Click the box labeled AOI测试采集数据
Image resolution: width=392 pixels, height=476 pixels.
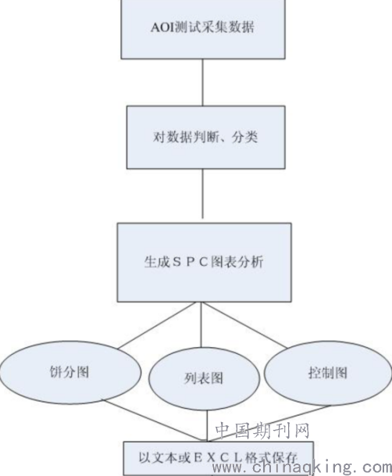tap(203, 29)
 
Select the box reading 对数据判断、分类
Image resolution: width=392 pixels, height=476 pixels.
tap(206, 138)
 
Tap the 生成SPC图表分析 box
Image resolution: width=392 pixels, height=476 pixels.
tap(205, 263)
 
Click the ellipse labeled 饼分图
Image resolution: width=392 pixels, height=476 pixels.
tap(70, 372)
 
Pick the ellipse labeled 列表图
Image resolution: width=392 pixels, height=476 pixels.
tap(204, 378)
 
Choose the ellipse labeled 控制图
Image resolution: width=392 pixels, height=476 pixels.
tap(328, 373)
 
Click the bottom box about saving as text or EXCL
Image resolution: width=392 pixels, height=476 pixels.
tap(219, 458)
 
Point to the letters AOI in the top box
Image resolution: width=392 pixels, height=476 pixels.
tap(163, 27)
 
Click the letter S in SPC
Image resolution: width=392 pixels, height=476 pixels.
tap(176, 262)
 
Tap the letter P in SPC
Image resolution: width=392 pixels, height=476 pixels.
tap(191, 262)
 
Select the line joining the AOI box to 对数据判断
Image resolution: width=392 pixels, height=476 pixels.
tap(203, 82)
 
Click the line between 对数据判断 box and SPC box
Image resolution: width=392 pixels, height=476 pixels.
tap(203, 194)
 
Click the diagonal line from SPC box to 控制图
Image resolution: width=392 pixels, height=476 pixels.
tap(245, 325)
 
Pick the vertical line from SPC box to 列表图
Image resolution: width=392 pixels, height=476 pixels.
tap(201, 325)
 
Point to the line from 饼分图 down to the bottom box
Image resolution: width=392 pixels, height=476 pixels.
tap(153, 421)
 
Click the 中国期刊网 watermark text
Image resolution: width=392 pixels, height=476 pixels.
tap(262, 431)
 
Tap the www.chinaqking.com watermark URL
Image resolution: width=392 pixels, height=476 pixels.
tap(302, 467)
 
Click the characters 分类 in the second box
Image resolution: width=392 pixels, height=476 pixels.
tap(245, 138)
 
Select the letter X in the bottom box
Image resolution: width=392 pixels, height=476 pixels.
tap(212, 458)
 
